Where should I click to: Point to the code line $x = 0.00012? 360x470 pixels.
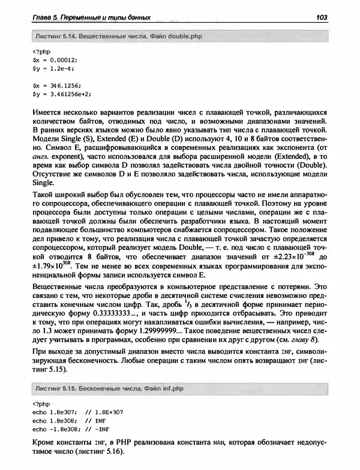click(x=55, y=60)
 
